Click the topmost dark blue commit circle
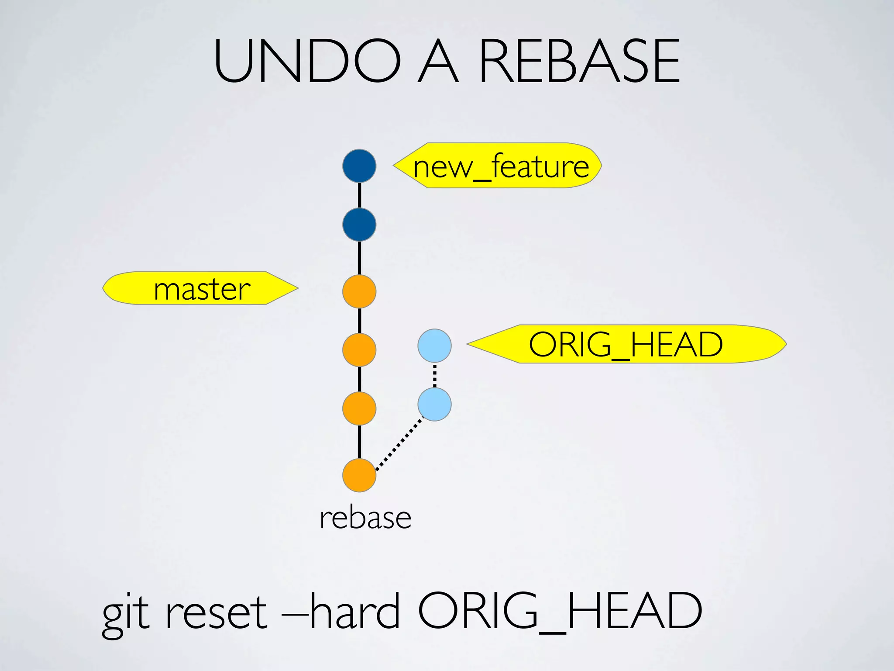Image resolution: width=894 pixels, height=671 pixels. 359,166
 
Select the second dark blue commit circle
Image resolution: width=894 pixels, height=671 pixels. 359,225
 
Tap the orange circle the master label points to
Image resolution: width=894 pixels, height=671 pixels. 359,291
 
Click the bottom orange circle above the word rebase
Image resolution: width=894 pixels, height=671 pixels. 359,475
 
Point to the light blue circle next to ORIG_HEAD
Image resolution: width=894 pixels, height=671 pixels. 434,346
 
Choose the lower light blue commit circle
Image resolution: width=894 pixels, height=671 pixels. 434,405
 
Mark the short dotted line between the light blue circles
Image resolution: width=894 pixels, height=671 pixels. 434,375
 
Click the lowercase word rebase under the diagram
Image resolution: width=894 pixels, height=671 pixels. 365,518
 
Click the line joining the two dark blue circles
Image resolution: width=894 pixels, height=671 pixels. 359,195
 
